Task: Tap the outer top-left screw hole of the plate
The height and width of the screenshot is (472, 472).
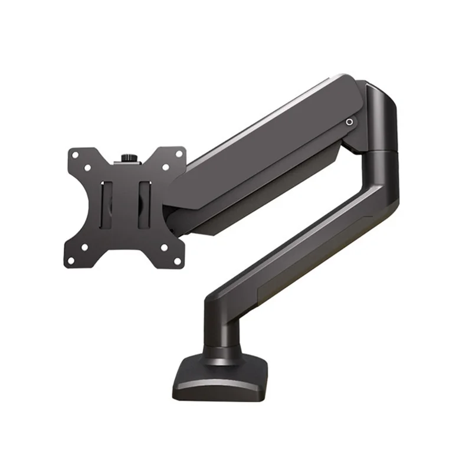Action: (x=75, y=154)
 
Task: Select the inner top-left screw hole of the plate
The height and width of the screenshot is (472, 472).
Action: (x=87, y=168)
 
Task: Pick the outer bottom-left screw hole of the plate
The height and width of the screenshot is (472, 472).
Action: (x=71, y=260)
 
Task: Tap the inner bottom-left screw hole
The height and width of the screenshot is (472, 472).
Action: (x=84, y=247)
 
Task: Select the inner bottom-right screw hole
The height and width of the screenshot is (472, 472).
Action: (x=163, y=246)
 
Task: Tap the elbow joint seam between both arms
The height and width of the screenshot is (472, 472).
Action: (x=381, y=152)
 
